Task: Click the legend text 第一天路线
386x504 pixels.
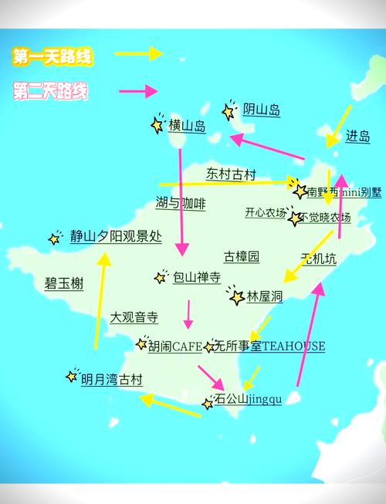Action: pyautogui.click(x=51, y=56)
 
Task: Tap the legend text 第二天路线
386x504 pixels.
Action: pyautogui.click(x=51, y=92)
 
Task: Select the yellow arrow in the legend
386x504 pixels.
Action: pyautogui.click(x=138, y=53)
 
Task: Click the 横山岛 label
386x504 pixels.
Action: pyautogui.click(x=187, y=126)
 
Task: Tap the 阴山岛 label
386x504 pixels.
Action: pyautogui.click(x=261, y=110)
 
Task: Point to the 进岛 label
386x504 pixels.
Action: pyautogui.click(x=357, y=136)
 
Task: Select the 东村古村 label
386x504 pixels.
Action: pyautogui.click(x=230, y=174)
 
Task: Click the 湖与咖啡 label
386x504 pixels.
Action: pyautogui.click(x=181, y=204)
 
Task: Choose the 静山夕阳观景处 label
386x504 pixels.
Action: pyautogui.click(x=116, y=237)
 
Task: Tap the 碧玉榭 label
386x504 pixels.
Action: pyautogui.click(x=64, y=283)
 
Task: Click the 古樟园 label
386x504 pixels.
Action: pyautogui.click(x=242, y=256)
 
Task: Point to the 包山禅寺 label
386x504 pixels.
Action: pyautogui.click(x=196, y=276)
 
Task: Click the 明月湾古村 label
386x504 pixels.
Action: pyautogui.click(x=112, y=379)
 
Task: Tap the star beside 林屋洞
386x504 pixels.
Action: pyautogui.click(x=236, y=297)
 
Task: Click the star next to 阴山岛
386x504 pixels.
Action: pyautogui.click(x=229, y=111)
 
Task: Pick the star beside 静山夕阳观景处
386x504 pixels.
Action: pyautogui.click(x=55, y=238)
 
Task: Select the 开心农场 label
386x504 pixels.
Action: pyautogui.click(x=266, y=212)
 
